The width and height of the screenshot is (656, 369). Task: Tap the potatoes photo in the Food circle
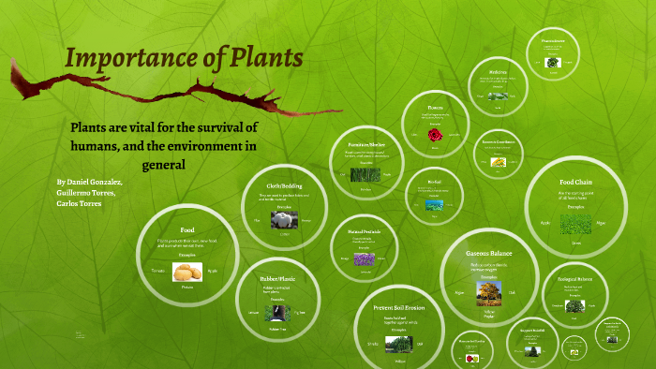(187, 272)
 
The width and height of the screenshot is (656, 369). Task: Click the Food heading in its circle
(187, 229)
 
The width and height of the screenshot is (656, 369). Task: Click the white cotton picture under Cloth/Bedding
(283, 221)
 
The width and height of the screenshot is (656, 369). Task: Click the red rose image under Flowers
(435, 136)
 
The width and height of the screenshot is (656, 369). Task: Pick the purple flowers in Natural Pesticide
(364, 258)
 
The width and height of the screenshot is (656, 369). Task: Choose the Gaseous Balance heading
(488, 254)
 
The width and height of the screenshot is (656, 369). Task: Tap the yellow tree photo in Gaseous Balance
(488, 292)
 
